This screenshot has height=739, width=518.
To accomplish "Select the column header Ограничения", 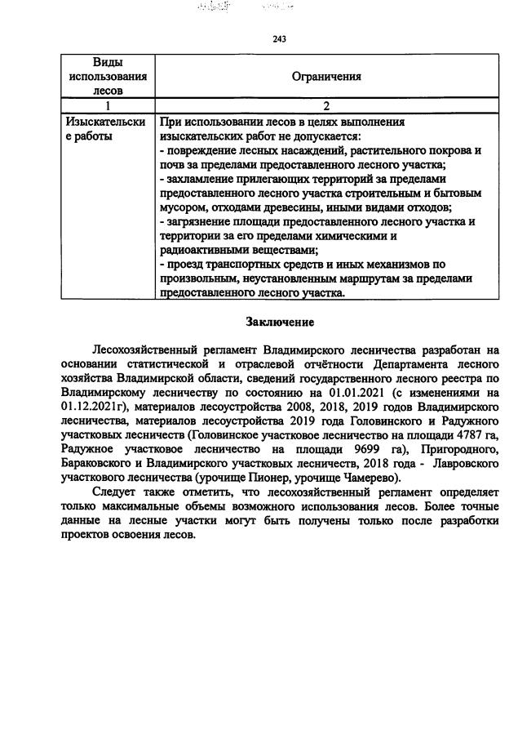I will [326, 77].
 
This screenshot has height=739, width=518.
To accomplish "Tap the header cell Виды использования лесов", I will [108, 77].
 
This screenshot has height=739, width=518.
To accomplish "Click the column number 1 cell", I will [108, 105].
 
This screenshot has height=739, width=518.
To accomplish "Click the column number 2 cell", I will [326, 105].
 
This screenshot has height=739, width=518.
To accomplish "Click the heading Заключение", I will [280, 323].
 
